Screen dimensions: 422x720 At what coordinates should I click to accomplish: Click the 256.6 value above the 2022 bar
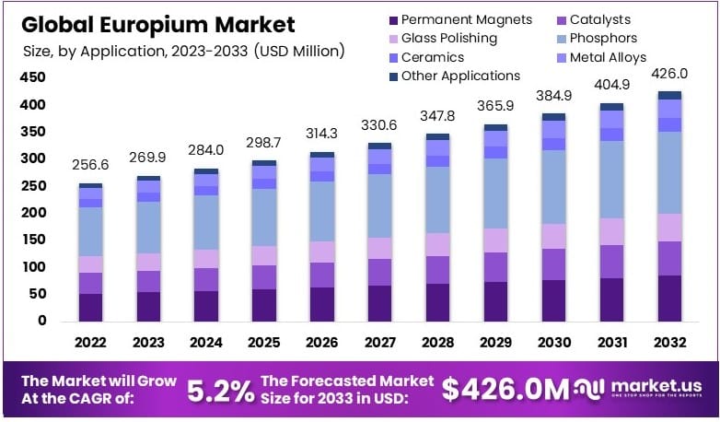90,164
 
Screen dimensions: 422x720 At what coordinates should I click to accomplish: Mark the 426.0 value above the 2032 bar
669,73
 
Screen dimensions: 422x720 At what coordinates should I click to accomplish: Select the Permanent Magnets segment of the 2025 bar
264,305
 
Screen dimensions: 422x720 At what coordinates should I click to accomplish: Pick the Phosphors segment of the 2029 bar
496,193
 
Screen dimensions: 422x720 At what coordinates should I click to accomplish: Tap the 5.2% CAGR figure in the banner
221,391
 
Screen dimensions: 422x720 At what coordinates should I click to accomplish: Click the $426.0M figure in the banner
505,390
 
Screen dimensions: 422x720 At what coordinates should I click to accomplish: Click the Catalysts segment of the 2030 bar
553,264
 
